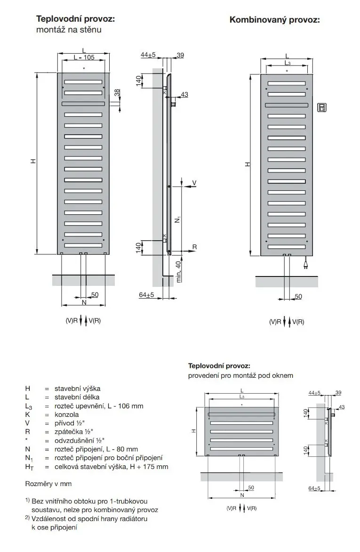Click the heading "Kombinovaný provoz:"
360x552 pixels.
click(274, 20)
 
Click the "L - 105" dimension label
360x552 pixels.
click(84, 57)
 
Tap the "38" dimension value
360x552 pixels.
click(117, 91)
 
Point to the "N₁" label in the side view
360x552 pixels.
click(177, 219)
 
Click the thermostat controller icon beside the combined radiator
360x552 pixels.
click(321, 107)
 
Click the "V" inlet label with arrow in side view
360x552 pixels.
click(194, 182)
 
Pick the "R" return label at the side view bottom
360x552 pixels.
click(194, 247)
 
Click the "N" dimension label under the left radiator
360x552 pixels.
click(84, 302)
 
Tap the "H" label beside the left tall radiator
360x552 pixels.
click(33, 162)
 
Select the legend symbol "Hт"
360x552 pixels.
click(29, 467)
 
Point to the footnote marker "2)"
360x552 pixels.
click(28, 518)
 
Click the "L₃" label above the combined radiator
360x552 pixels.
click(287, 63)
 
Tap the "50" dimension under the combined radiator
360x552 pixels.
click(298, 296)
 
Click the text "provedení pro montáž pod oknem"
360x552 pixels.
click(240, 375)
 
